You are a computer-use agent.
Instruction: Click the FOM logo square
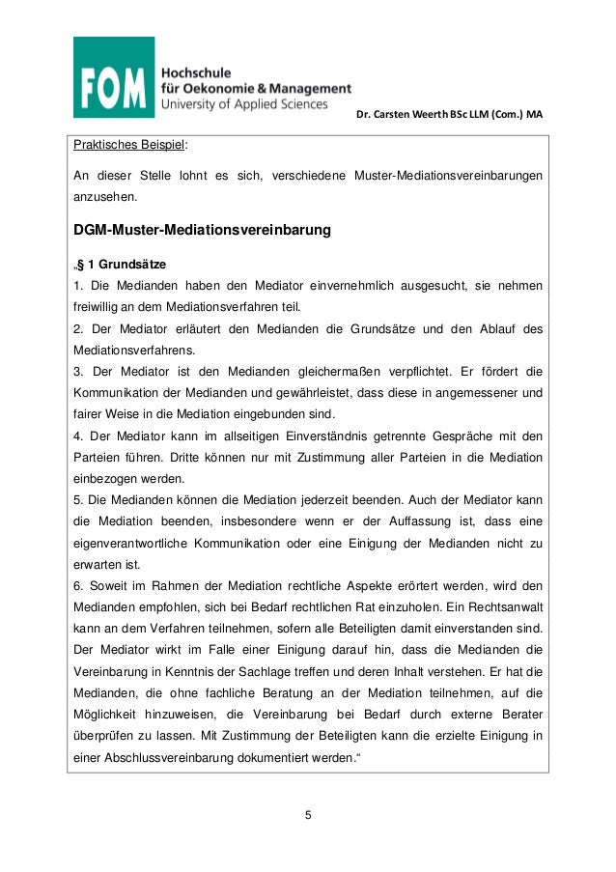pyautogui.click(x=114, y=77)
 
